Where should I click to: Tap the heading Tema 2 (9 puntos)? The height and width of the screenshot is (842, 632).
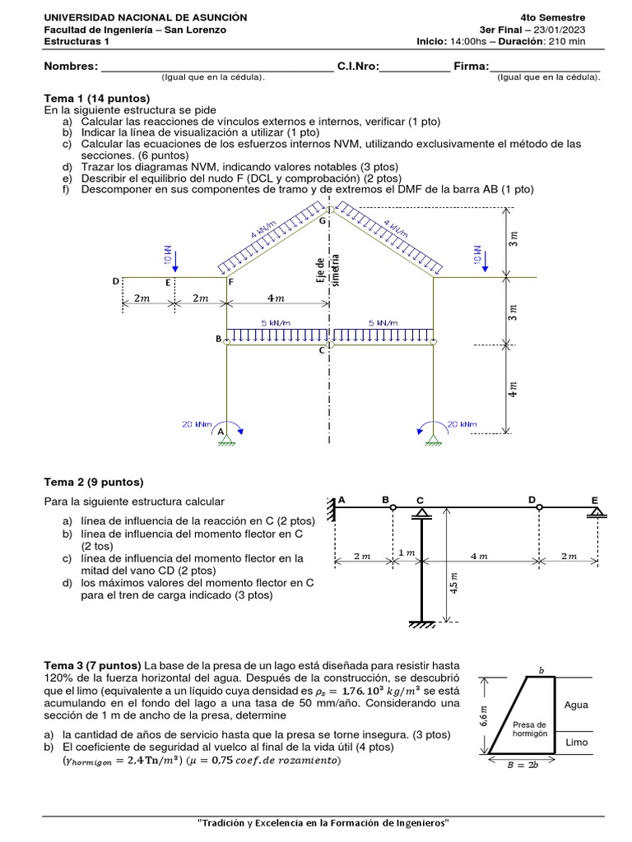93,482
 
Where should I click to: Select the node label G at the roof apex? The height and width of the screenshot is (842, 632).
323,220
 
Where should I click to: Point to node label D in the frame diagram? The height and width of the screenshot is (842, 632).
116,281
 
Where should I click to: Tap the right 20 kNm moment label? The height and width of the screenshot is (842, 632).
462,424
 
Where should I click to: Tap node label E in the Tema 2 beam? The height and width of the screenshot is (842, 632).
595,498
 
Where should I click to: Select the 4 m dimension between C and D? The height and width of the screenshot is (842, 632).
478,556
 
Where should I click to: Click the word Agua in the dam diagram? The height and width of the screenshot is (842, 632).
576,705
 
